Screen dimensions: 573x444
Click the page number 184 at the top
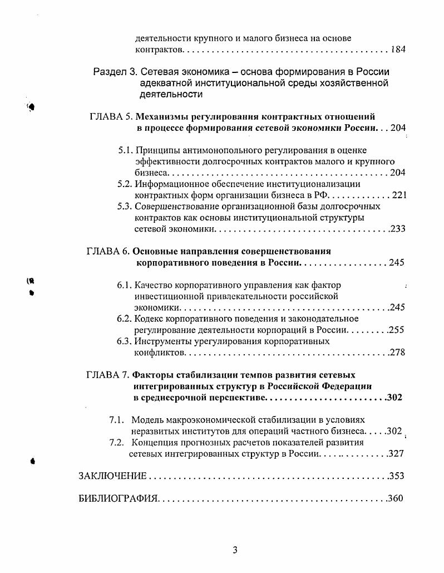(398, 49)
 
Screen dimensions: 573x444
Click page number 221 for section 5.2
(399, 195)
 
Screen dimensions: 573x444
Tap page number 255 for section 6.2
(397, 330)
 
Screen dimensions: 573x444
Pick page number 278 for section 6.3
(397, 352)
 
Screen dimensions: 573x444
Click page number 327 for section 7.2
(396, 454)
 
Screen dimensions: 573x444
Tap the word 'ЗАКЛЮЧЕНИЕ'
(113, 476)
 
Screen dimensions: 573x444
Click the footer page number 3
(235, 550)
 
